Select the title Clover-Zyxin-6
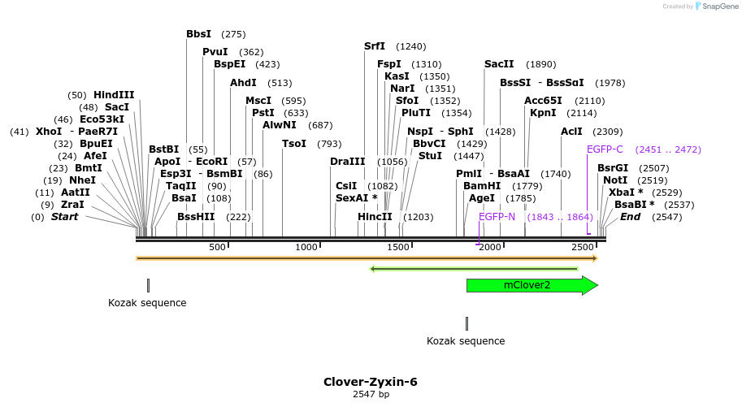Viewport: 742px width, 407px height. click(x=371, y=382)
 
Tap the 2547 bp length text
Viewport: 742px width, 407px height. click(x=371, y=395)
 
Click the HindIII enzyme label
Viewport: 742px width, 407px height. click(x=114, y=95)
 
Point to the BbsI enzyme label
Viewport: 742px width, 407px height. click(x=198, y=34)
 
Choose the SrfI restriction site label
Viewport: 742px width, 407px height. click(x=375, y=46)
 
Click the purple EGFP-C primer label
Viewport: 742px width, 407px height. click(x=605, y=149)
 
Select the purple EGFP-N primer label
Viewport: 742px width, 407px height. click(x=497, y=217)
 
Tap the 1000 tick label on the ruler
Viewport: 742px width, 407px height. click(x=306, y=247)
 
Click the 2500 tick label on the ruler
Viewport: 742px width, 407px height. click(x=582, y=247)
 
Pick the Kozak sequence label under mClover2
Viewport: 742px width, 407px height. click(x=466, y=341)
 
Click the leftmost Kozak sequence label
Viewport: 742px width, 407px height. click(x=147, y=303)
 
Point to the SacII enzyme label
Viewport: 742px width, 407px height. click(x=499, y=64)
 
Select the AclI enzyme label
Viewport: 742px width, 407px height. click(x=571, y=132)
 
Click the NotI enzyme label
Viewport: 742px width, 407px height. click(x=615, y=180)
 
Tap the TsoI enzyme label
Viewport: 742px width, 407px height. click(x=294, y=144)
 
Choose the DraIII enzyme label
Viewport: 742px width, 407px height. click(x=345, y=162)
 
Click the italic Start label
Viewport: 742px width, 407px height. click(x=64, y=217)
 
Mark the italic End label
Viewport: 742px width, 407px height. click(x=631, y=217)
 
